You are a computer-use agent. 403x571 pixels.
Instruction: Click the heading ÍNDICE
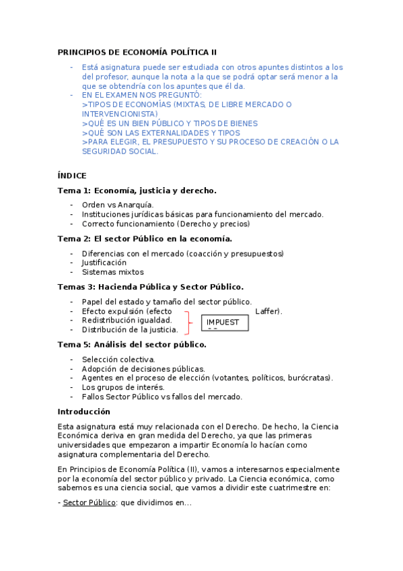(x=72, y=176)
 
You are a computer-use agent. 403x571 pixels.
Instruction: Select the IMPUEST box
(x=225, y=323)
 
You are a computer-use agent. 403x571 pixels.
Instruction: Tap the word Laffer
(x=268, y=311)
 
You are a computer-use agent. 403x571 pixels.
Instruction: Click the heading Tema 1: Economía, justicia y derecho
(x=137, y=191)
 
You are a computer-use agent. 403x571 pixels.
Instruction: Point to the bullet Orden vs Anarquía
(x=118, y=205)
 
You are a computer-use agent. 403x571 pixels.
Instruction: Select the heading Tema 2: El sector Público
(x=145, y=238)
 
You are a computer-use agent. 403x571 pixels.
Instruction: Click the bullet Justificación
(x=104, y=263)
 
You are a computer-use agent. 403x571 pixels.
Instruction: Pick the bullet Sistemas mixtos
(x=112, y=272)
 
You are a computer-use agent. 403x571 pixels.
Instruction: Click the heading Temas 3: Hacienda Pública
(x=150, y=287)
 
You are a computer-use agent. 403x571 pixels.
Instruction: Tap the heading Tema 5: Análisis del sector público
(x=132, y=345)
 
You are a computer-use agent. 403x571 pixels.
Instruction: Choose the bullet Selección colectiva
(x=118, y=360)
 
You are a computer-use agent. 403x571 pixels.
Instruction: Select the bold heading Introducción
(x=84, y=411)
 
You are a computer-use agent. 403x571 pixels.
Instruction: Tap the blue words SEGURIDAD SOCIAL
(x=120, y=152)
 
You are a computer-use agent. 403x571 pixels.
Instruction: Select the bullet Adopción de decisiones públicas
(x=143, y=369)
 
